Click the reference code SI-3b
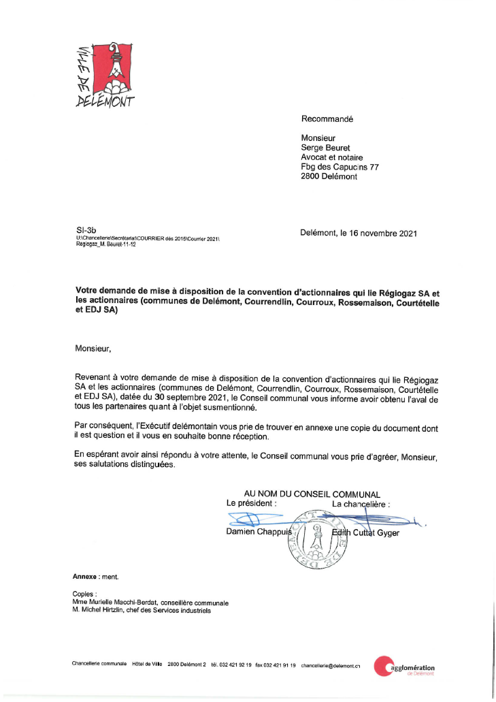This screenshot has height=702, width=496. point(85,231)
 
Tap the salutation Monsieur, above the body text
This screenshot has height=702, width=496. point(93,349)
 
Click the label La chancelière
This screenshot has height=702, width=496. point(361,504)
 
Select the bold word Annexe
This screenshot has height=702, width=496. point(85,576)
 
